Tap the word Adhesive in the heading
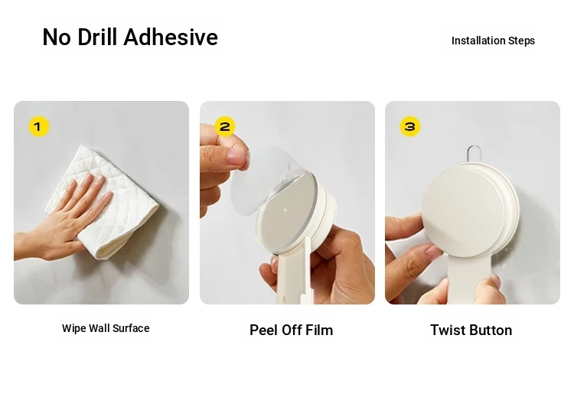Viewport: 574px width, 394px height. pyautogui.click(x=171, y=37)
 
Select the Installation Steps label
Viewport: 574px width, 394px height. pyautogui.click(x=493, y=41)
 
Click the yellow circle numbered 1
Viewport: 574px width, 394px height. pyautogui.click(x=39, y=126)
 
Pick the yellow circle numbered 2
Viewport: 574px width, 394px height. pyautogui.click(x=224, y=126)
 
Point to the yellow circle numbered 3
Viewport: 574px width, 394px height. pyautogui.click(x=410, y=126)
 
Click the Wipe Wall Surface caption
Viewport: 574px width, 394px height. pyautogui.click(x=106, y=328)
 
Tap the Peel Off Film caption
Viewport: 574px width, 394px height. pyautogui.click(x=292, y=330)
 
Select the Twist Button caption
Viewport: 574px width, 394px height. pyautogui.click(x=471, y=330)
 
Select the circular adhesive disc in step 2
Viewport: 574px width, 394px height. pyautogui.click(x=285, y=212)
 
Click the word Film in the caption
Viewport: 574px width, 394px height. pyautogui.click(x=319, y=330)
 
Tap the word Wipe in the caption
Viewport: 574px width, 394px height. pyautogui.click(x=73, y=328)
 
